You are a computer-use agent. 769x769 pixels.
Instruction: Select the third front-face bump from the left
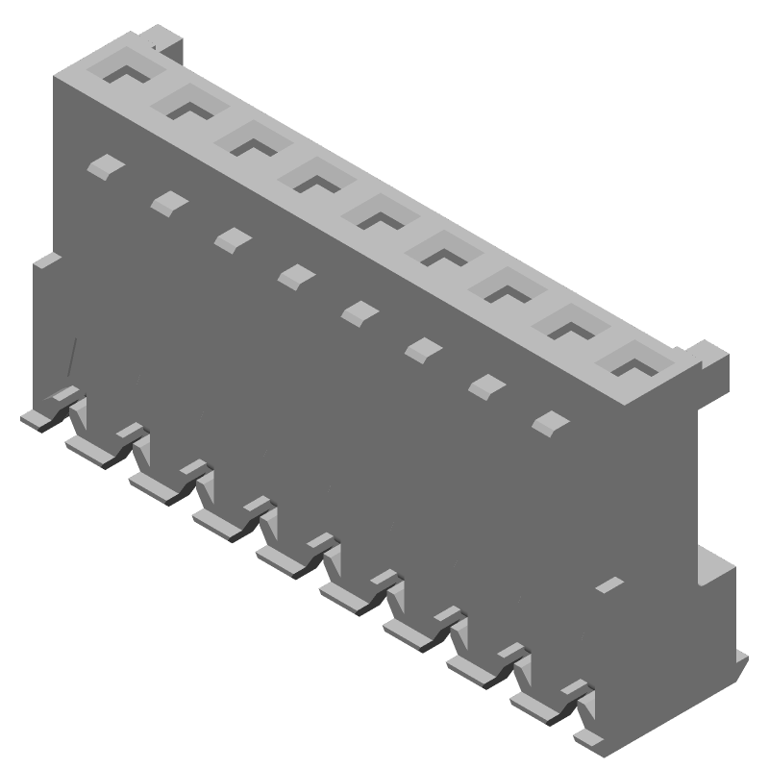[x=232, y=238]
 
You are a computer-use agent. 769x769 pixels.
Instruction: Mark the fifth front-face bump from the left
[x=360, y=311]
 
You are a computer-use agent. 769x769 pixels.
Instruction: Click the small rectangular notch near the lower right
[x=608, y=583]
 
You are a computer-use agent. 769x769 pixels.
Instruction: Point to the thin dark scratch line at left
[x=69, y=358]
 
